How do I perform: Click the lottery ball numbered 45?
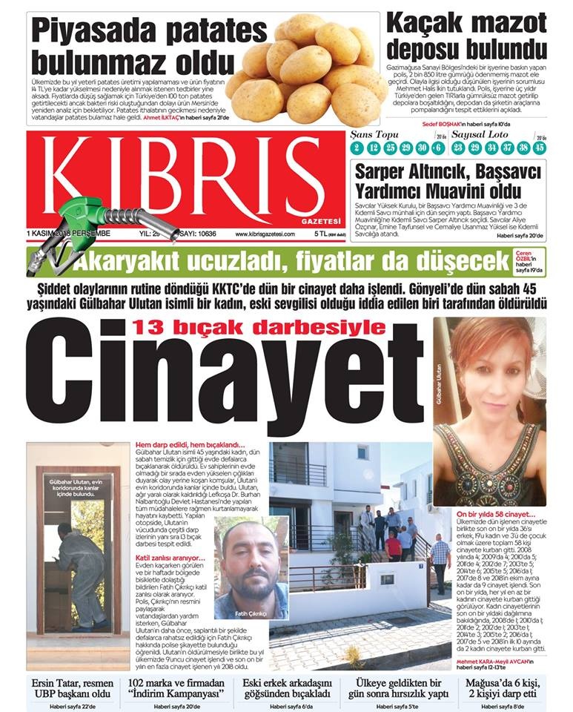coord(539,148)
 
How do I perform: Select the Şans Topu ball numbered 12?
coord(374,148)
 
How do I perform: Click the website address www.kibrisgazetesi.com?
coord(264,234)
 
